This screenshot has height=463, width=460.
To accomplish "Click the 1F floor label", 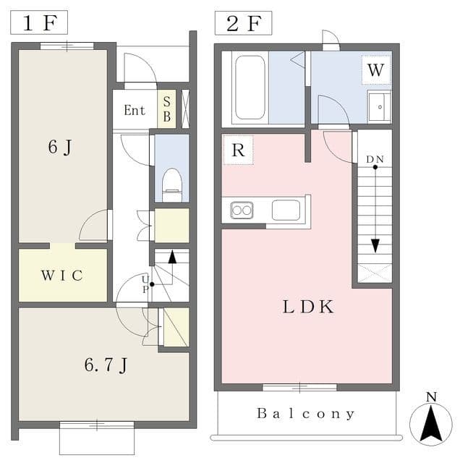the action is coord(39,23).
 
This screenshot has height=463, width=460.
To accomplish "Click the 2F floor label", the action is coord(244,23).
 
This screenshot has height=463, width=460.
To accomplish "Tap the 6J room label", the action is coord(60,147).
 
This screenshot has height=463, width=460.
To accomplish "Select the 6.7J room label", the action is coord(106,365).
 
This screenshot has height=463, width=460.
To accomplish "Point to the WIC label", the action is coord(62,276).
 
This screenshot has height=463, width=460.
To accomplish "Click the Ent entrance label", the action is coord(135,111).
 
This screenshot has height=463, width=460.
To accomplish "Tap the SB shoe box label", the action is coord(167,109).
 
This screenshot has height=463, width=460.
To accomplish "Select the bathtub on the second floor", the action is coord(250,88).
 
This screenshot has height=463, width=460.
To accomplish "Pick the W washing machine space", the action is coord(376,70).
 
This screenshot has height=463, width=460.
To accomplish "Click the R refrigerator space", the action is coord(238,150).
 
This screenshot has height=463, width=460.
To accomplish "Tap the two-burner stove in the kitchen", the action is coord(242,211).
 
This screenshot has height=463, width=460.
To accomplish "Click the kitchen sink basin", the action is coord(286,211).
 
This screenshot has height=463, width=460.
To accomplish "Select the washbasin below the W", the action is coord(379,107).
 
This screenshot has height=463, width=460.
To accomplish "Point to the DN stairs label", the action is coord(375,159).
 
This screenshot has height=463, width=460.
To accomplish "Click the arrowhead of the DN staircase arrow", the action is coord(375,246).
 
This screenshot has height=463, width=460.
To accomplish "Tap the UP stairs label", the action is coord(145,284).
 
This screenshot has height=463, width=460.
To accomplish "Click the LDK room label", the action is coord(308,307).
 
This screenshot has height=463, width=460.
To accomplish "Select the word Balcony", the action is coord(306,413).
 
